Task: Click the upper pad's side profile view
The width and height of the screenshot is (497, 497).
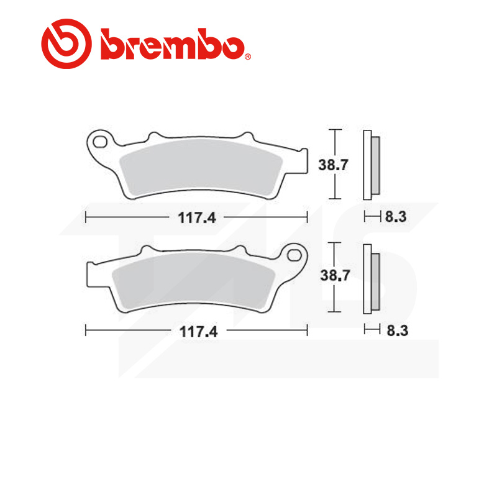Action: click(371, 165)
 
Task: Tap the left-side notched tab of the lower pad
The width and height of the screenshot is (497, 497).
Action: click(91, 272)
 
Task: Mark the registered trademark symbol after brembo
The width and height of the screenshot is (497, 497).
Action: click(248, 57)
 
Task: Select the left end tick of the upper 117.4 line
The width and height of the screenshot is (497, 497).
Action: click(86, 217)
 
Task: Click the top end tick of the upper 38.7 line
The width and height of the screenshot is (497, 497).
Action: click(335, 130)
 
